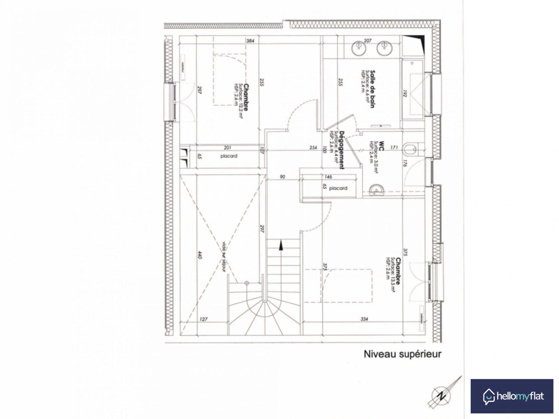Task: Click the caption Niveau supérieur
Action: [402, 354]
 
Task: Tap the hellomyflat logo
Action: [512, 396]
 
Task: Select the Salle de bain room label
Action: [372, 89]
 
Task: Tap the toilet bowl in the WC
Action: [411, 149]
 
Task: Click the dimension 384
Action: [250, 41]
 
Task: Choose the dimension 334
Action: [364, 319]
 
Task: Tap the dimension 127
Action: [203, 319]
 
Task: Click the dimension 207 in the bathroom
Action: [367, 41]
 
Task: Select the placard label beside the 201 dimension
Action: [228, 156]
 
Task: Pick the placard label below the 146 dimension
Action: [338, 188]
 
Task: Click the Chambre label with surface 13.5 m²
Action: [398, 271]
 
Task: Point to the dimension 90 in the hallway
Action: [282, 177]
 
